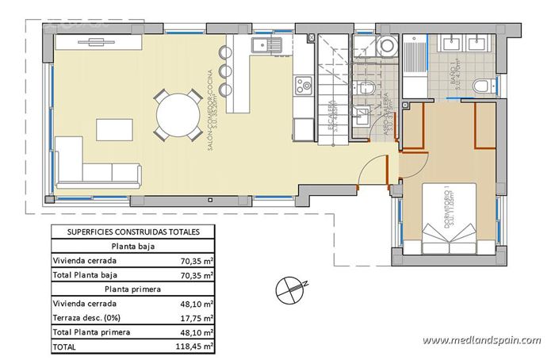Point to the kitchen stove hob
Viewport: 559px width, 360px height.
(304, 85)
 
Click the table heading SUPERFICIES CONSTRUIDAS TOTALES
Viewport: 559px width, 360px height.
(132, 232)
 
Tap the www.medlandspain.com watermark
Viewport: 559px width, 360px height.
(481, 340)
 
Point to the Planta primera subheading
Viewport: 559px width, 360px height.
(132, 289)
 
